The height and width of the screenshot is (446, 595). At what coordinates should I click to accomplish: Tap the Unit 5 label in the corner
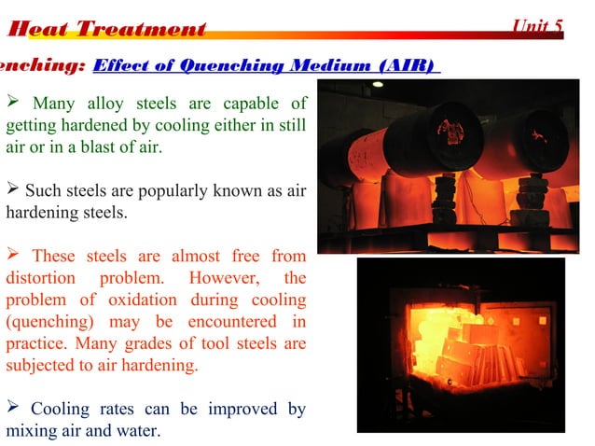coord(538,27)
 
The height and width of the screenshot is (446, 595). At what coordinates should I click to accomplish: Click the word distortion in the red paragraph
coord(39,278)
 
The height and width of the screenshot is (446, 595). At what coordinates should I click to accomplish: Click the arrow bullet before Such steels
coord(13,191)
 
